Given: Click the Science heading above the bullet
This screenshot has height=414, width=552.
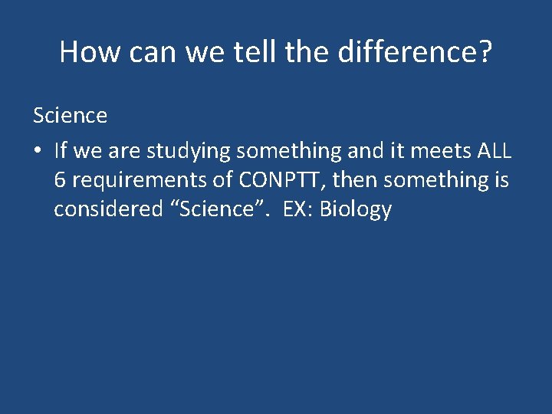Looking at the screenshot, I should [x=70, y=116].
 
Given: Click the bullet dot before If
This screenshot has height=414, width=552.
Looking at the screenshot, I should [x=38, y=152].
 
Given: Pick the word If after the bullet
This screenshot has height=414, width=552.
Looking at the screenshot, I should [x=61, y=150].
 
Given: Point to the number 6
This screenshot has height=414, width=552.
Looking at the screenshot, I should [x=60, y=180].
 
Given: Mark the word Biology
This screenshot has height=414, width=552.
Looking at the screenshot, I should [x=356, y=209].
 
